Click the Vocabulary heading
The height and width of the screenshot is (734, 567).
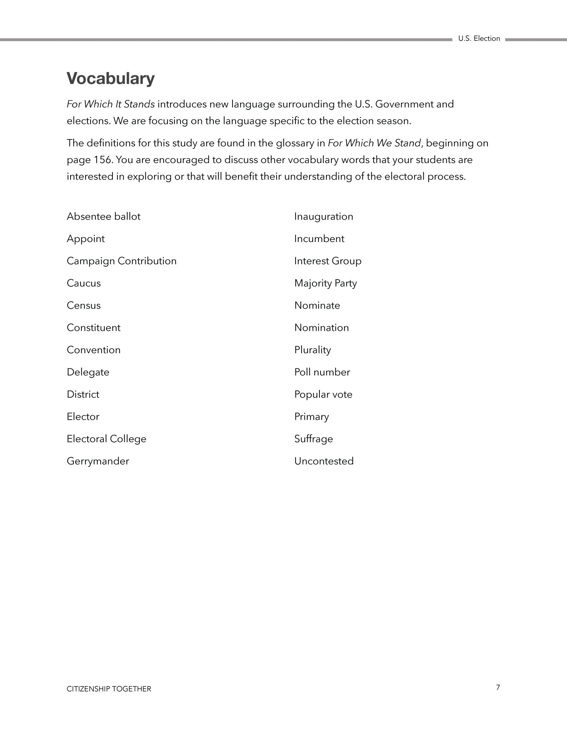coord(111,78)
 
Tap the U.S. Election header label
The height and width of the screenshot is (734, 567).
coord(479,39)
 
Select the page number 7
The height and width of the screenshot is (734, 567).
coord(498,687)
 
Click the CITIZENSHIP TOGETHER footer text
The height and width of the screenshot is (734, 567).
coord(109,689)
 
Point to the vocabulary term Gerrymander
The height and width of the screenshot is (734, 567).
coord(98,461)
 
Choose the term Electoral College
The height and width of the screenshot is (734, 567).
coord(106,439)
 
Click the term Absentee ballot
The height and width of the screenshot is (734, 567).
coord(104,216)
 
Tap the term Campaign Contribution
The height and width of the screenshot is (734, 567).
coord(121,261)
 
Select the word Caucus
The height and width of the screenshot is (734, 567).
coord(84,283)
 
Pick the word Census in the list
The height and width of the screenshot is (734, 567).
coord(84,305)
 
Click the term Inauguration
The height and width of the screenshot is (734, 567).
coord(324,216)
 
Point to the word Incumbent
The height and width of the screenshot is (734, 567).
coord(319,239)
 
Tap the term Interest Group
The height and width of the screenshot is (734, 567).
coord(328,261)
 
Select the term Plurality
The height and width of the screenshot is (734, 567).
coord(313,350)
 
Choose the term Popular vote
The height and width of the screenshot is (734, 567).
coord(323,394)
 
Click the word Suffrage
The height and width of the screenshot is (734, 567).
coord(314,439)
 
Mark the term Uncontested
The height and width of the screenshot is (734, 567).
coord(324,461)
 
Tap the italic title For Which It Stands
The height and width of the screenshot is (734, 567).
coord(111,104)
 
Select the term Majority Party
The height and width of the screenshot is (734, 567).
coord(326,283)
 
